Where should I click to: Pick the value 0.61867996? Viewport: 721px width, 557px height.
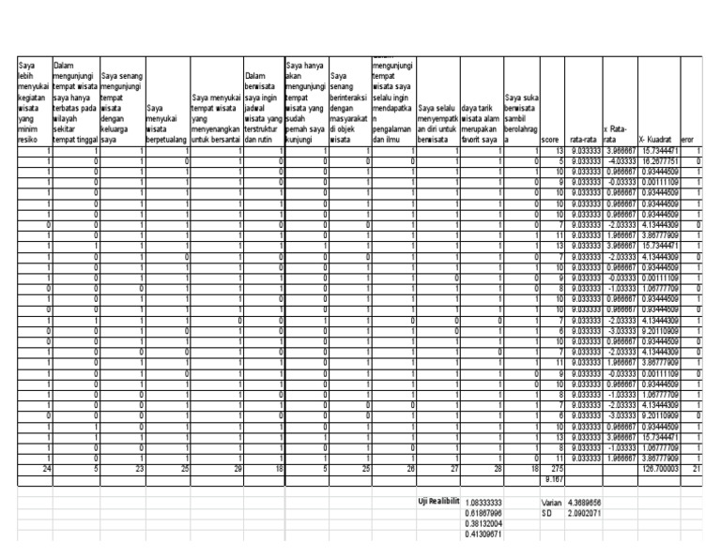click(x=484, y=514)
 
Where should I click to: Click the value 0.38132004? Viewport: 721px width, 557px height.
click(x=484, y=524)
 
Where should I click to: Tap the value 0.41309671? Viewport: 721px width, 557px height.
click(x=484, y=534)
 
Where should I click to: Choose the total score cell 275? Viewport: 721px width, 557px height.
click(x=557, y=468)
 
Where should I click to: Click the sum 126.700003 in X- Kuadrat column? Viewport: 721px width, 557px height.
click(x=658, y=468)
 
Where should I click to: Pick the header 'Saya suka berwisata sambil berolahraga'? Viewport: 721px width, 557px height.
click(x=522, y=115)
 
